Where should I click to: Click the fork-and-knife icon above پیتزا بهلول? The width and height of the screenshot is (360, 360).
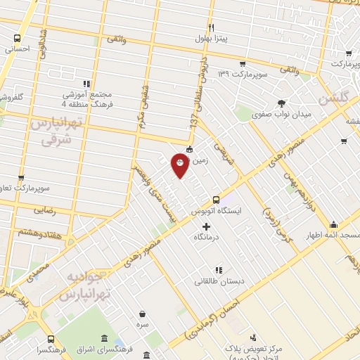(203, 26)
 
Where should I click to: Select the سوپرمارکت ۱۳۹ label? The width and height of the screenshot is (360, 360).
(233, 74)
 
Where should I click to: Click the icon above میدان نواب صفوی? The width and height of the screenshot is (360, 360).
(282, 103)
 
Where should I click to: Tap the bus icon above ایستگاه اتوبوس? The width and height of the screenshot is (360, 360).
(216, 199)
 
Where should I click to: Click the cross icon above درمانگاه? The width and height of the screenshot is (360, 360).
(206, 226)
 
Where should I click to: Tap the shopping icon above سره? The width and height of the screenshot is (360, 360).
(143, 314)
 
